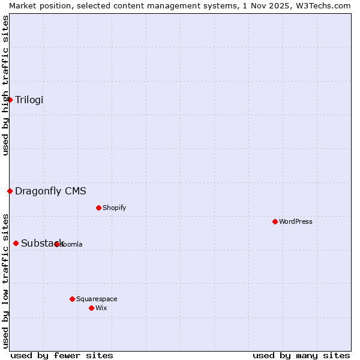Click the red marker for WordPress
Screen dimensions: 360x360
tap(275, 221)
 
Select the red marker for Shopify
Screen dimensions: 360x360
tap(98, 208)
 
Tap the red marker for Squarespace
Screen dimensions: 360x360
tap(72, 299)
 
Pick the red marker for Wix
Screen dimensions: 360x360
tap(91, 308)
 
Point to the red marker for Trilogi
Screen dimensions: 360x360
tap(10, 100)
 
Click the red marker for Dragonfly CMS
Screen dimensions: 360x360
tap(10, 191)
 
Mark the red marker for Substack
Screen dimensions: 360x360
tap(16, 243)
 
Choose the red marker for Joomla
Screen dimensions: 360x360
tap(56, 244)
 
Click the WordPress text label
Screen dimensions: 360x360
tap(296, 221)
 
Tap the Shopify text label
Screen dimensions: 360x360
tap(114, 208)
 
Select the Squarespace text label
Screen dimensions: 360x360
tap(97, 299)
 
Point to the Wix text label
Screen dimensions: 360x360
tap(101, 308)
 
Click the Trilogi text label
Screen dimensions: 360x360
tap(29, 100)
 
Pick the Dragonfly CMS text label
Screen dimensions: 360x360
tap(50, 191)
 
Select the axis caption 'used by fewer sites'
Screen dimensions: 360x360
tap(62, 355)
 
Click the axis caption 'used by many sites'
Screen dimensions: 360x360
tap(301, 355)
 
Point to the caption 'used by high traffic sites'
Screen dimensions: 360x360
tap(5, 85)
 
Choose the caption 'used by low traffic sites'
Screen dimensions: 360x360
tap(5, 280)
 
